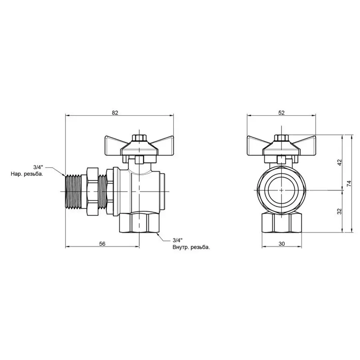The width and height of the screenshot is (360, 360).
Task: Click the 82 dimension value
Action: point(115,113)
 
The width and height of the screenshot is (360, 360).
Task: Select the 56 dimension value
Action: point(102,244)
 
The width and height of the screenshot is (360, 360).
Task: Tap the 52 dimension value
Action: point(281,113)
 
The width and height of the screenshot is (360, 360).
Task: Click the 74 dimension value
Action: point(349,184)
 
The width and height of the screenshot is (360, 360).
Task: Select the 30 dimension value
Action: point(281,244)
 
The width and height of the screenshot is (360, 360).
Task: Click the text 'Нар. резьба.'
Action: point(27,174)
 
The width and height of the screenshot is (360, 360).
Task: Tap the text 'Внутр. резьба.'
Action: point(191,247)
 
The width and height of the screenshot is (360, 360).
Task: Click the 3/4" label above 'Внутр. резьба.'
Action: point(177,240)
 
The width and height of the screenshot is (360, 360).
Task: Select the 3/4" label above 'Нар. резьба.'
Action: point(39,168)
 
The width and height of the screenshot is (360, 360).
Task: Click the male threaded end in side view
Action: point(72,189)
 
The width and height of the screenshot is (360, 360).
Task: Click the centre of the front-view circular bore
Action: point(281,189)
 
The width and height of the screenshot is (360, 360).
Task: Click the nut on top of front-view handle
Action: point(281,138)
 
